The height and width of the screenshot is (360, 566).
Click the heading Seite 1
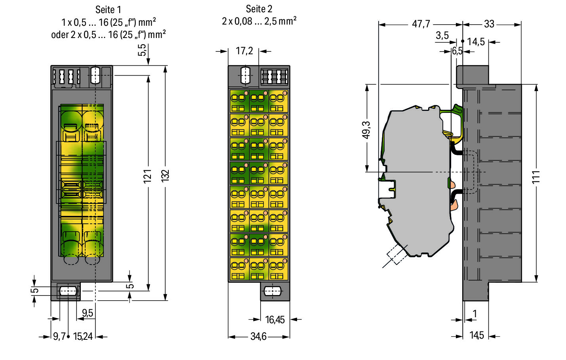108,10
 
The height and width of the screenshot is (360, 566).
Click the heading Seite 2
259,9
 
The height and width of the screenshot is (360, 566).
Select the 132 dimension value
165,175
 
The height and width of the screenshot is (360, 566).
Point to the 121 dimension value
148,176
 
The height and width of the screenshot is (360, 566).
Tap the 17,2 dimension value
244,51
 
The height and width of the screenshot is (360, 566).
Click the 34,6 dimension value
258,337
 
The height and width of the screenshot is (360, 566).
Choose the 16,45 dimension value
275,320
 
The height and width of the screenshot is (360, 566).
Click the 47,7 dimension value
421,24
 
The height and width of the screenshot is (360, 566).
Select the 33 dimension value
489,24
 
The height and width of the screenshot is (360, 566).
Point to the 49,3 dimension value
366,130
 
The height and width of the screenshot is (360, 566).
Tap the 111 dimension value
536,177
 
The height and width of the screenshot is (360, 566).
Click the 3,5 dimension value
442,36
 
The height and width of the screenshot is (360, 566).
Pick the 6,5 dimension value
457,51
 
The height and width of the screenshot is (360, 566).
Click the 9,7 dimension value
59,337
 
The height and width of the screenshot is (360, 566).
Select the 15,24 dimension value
83,337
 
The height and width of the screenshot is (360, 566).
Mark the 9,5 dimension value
88,313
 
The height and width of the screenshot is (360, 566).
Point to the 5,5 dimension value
142,50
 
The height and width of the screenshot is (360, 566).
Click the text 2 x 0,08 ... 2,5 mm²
259,21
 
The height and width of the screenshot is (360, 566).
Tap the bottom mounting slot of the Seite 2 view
273,291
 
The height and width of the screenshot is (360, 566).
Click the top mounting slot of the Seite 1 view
95,75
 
